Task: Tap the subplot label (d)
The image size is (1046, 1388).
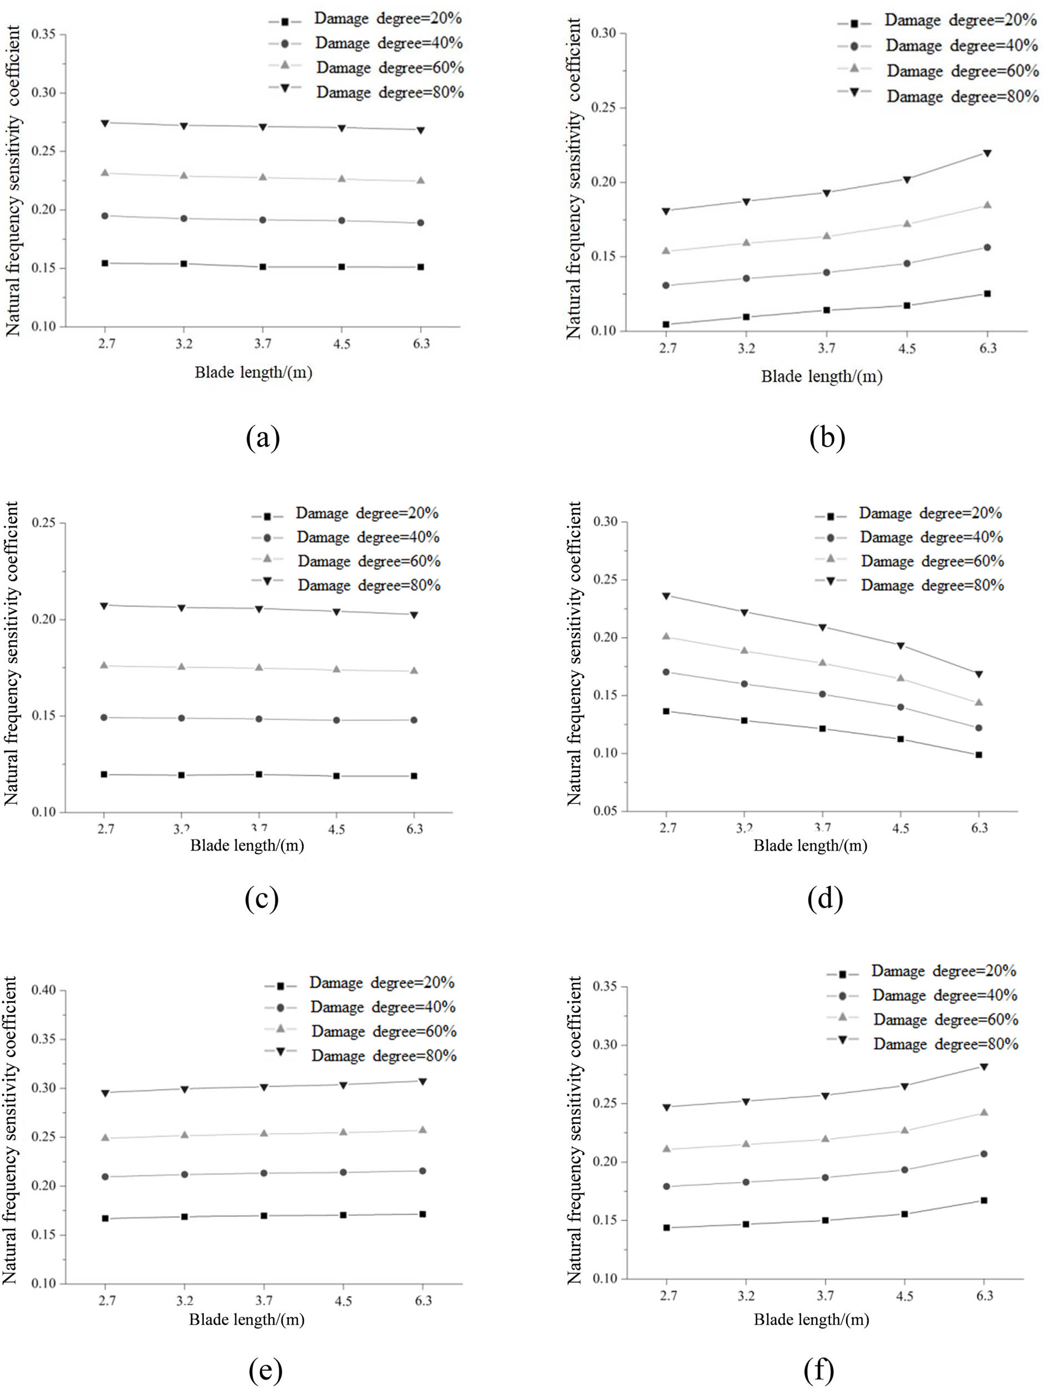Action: [825, 899]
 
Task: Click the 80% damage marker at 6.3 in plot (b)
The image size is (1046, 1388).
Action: [987, 153]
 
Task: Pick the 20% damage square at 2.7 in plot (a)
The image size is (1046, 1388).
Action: [105, 263]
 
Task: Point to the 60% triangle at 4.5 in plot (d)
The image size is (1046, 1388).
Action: [901, 678]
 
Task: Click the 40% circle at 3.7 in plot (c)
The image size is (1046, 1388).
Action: [259, 719]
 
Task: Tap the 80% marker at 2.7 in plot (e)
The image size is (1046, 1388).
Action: [105, 1093]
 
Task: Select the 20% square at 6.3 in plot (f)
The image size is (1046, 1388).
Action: [984, 1200]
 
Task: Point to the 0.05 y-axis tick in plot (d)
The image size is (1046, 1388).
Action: [606, 811]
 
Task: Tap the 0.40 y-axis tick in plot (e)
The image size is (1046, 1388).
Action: [44, 990]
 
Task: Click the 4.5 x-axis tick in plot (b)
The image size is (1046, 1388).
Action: [907, 348]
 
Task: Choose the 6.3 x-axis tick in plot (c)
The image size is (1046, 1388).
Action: [414, 829]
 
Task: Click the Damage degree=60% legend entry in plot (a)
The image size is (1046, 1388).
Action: [389, 67]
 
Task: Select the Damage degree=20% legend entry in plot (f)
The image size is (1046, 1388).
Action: [943, 972]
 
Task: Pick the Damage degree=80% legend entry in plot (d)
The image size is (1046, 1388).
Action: [932, 585]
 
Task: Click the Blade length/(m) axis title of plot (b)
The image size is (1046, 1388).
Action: [821, 376]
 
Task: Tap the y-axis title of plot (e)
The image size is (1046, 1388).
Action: [10, 1129]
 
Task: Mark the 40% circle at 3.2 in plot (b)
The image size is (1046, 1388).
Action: [746, 278]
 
